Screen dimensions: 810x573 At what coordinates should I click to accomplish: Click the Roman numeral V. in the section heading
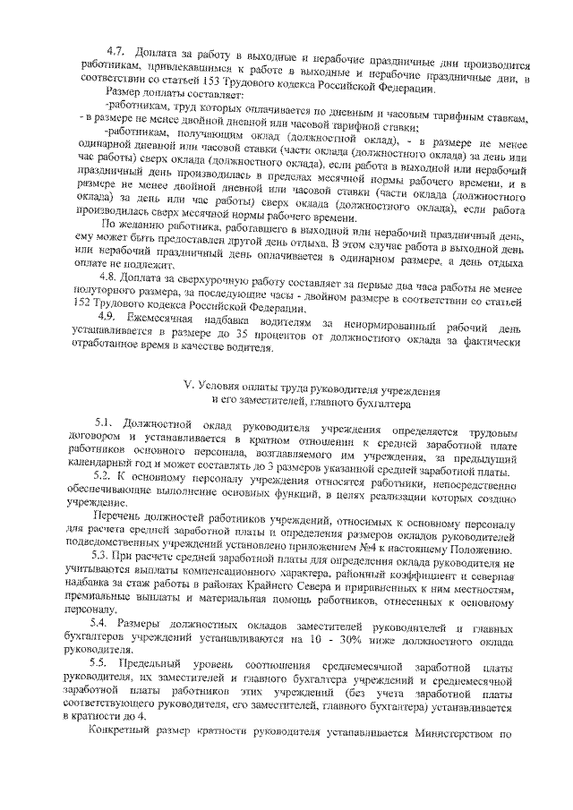click(x=188, y=391)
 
